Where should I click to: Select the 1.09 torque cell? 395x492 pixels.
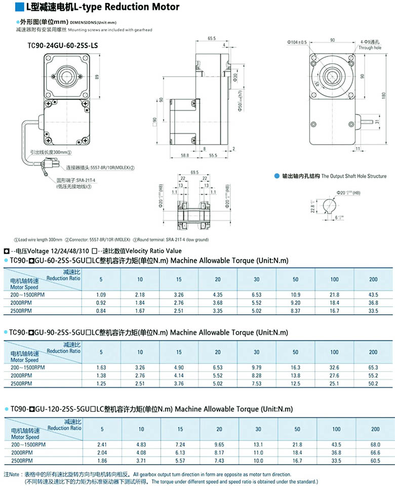pos(101,294)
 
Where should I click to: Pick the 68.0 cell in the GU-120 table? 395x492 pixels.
pos(375,444)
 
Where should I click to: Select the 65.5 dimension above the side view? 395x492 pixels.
pos(211,38)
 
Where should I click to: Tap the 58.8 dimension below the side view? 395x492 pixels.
pos(184,155)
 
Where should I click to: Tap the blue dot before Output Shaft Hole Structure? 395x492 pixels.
pos(276,176)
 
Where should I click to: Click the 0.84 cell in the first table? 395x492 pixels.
pos(101,310)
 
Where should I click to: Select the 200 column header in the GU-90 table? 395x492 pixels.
pos(373,352)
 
